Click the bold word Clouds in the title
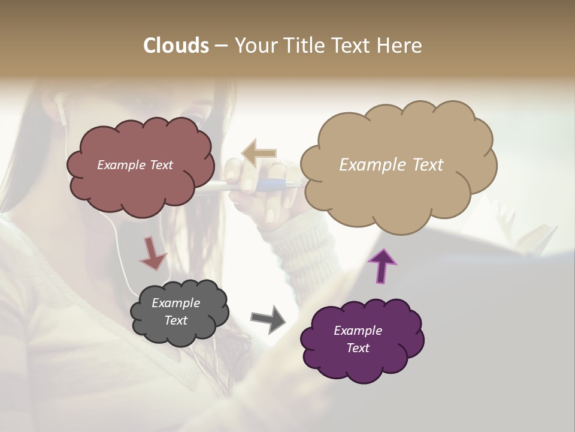[175, 45]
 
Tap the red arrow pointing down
[152, 253]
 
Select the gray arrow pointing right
[268, 318]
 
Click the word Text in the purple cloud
[358, 348]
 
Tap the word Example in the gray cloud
[175, 303]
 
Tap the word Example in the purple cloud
[358, 331]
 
